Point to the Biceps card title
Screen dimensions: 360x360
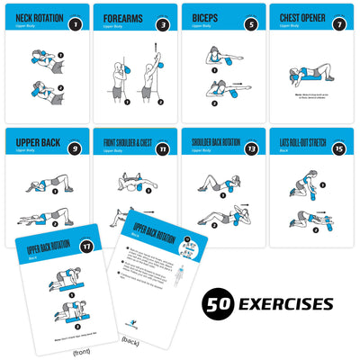(202, 17)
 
